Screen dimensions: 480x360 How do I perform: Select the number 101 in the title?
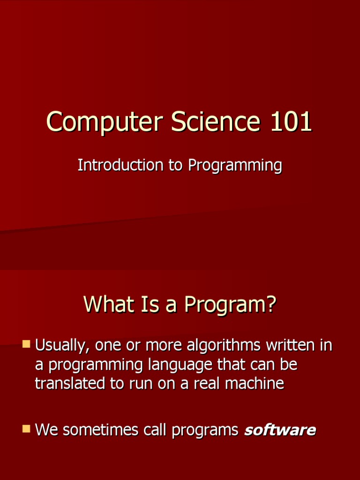291,122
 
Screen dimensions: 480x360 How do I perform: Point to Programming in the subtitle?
235,166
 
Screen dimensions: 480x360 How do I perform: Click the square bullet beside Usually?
26,345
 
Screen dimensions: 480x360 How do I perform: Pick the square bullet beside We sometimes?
26,428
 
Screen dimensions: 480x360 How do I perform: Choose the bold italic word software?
280,430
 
